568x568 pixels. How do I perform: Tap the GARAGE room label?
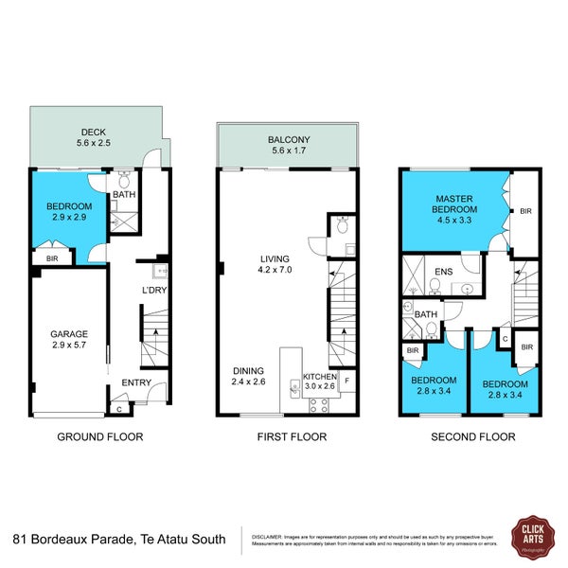click(x=69, y=333)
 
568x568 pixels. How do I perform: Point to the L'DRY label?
click(x=153, y=290)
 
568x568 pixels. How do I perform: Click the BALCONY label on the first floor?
click(x=289, y=140)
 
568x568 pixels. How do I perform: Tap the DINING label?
click(x=245, y=369)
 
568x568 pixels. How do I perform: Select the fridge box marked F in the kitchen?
click(x=347, y=382)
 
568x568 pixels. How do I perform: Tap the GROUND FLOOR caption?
click(x=100, y=437)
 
